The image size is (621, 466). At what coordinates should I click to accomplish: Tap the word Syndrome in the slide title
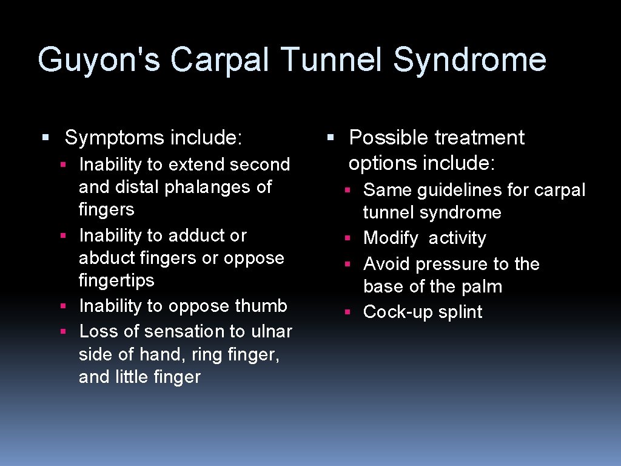(469, 61)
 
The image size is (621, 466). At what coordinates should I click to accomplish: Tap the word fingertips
(116, 280)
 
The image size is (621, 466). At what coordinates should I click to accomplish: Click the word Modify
(391, 238)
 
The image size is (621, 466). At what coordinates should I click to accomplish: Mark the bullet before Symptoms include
(45, 138)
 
